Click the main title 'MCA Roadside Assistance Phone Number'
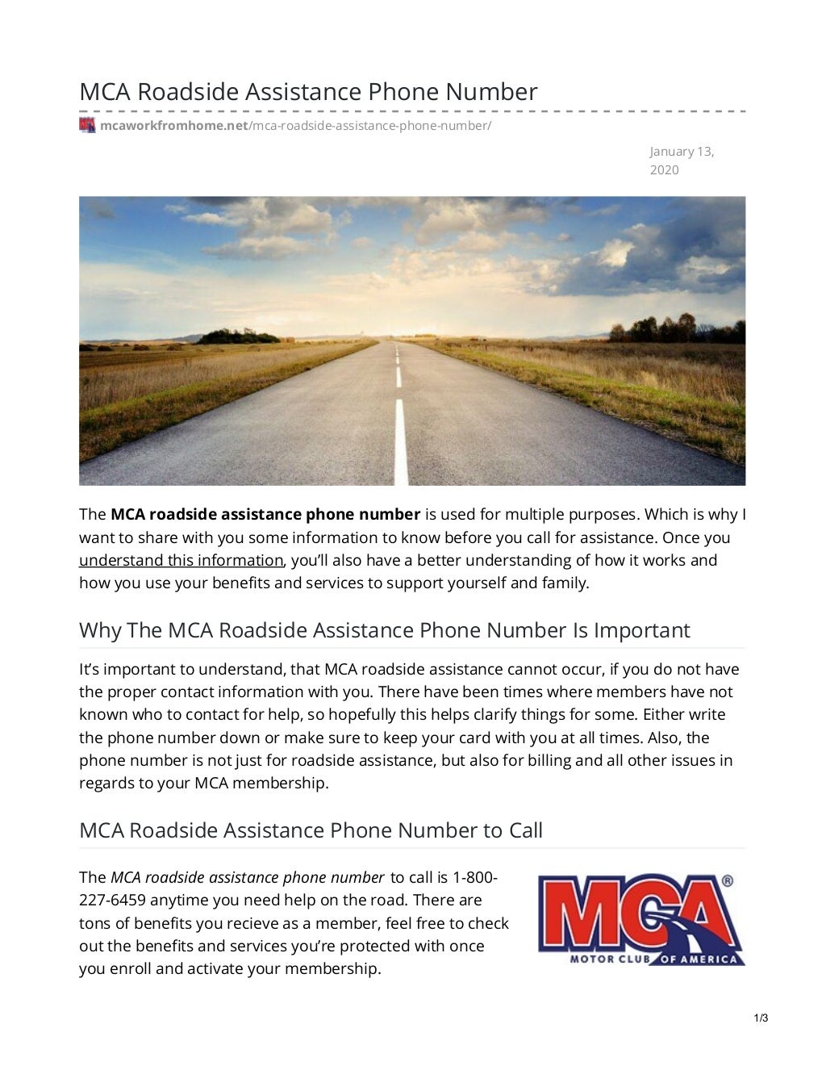pyautogui.click(x=308, y=92)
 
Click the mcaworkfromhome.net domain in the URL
pyautogui.click(x=173, y=126)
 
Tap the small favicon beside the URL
pyautogui.click(x=87, y=125)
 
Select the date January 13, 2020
pyautogui.click(x=682, y=161)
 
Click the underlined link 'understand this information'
pyautogui.click(x=181, y=560)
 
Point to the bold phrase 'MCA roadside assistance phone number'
pyautogui.click(x=265, y=514)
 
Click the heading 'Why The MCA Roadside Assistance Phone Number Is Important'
pyautogui.click(x=384, y=630)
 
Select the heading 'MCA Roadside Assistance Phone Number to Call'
pyautogui.click(x=311, y=830)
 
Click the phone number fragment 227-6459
pyautogui.click(x=112, y=900)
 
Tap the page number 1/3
pyautogui.click(x=761, y=1018)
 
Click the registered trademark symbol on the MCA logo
pyautogui.click(x=728, y=882)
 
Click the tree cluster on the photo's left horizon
pyautogui.click(x=237, y=336)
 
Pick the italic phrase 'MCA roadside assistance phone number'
pyautogui.click(x=247, y=877)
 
